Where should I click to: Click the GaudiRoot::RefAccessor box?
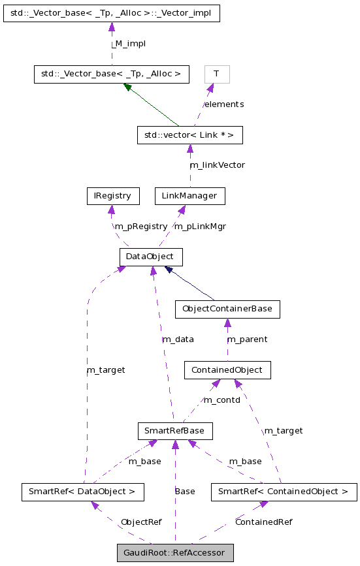175,553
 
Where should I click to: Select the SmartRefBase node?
175,431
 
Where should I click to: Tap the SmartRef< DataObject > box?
82,491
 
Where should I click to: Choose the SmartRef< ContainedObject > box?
284,491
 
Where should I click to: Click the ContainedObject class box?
227,370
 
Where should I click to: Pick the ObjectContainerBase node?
227,309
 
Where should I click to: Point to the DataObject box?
150,257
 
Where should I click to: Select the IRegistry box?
113,196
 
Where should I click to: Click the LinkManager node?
189,196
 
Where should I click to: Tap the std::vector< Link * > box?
189,135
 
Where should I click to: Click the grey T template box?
216,74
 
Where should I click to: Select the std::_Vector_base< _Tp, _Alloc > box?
111,74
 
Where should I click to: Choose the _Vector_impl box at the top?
111,13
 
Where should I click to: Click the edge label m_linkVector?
217,165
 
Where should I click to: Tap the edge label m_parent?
247,339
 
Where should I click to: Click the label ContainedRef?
263,522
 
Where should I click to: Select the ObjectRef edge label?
141,522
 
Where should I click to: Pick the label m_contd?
221,400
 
